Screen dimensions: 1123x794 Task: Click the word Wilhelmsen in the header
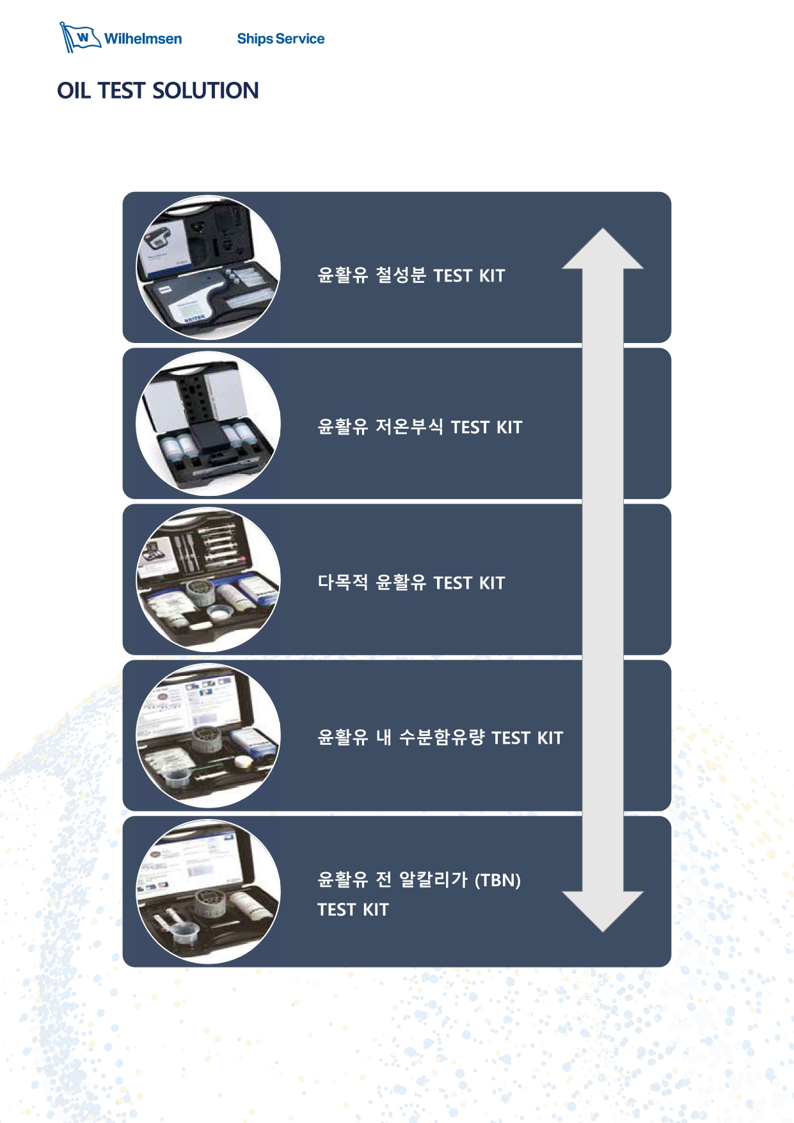[x=143, y=39]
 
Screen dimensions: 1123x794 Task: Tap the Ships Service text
[x=280, y=39]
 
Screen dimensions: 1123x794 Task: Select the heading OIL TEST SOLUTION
[x=158, y=91]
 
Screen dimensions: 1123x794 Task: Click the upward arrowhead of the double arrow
[x=602, y=249]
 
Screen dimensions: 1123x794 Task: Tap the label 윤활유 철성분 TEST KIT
[x=411, y=276]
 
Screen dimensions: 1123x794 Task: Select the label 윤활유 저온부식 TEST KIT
[x=420, y=427]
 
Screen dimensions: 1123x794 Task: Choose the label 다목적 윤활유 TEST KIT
[x=411, y=583]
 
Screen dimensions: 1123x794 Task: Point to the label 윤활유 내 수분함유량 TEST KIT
[x=440, y=738]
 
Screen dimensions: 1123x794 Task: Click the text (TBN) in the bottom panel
[x=497, y=880]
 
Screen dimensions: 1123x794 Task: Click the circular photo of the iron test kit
[x=208, y=267]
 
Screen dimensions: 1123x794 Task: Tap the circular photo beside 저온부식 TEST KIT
[x=208, y=424]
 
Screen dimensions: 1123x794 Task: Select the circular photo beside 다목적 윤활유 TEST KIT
[x=208, y=580]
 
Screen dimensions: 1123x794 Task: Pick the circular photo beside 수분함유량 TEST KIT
[x=208, y=736]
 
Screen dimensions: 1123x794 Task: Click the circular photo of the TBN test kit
[x=208, y=892]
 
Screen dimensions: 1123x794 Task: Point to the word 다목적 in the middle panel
[x=343, y=583]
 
